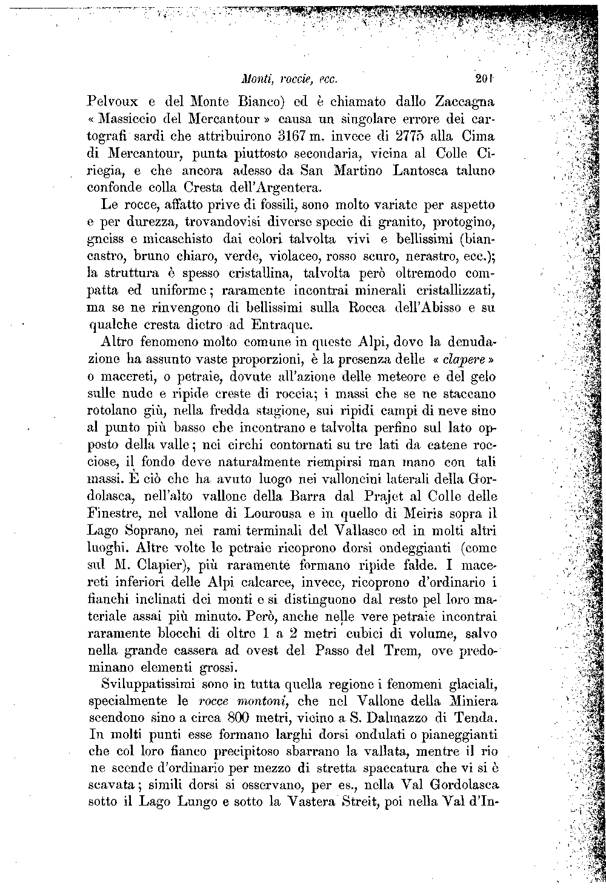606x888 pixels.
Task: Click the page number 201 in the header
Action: point(485,78)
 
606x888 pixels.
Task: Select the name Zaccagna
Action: point(464,99)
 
